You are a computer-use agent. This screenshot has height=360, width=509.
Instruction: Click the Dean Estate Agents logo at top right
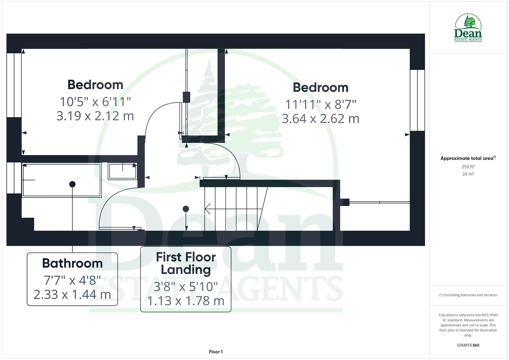pos(468,28)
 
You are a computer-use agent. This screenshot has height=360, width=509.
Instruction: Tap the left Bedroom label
pos(95,85)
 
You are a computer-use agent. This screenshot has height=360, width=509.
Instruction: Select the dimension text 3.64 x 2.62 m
pos(320,119)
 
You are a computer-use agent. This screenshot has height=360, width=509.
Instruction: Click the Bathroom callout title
pos(72,263)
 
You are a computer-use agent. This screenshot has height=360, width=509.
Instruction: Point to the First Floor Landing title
pos(186,263)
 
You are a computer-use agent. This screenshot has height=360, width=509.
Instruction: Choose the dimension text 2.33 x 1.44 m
pos(72,294)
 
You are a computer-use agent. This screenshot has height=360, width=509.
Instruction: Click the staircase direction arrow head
pos(207,209)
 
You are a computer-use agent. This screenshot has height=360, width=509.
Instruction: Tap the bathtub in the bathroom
pos(61,180)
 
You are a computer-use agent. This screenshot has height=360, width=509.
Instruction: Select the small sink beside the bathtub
pos(122,171)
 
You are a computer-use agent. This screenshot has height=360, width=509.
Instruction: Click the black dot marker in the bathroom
pos(72,184)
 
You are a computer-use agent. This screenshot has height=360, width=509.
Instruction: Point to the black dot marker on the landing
pos(186,209)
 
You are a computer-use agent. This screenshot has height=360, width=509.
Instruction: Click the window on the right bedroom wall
pos(417,100)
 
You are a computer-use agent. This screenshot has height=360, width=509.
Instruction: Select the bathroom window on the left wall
pos(14,178)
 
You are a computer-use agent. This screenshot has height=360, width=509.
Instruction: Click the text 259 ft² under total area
pos(468,167)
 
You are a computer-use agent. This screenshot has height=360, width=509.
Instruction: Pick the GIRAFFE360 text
pos(468,345)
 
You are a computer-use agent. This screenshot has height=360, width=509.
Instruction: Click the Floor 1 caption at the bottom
pos(216,352)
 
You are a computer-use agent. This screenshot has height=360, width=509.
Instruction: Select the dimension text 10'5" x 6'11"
pos(95,101)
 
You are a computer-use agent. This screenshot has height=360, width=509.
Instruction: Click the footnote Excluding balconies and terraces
pos(468,295)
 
